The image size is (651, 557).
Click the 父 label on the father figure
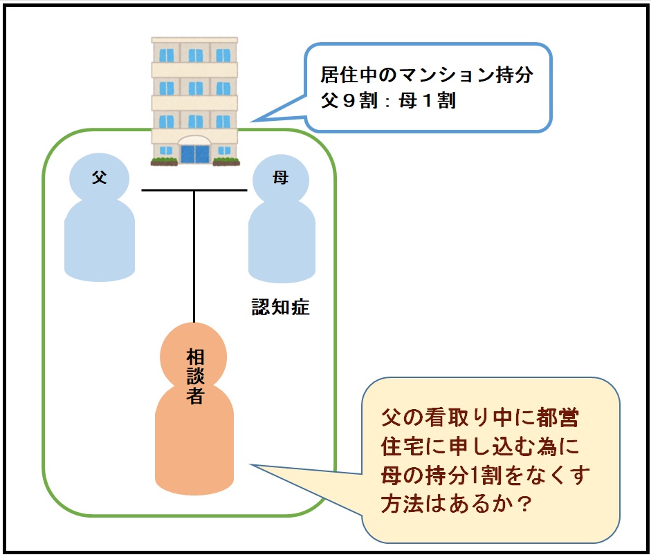coord(100,178)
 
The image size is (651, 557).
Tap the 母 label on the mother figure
coord(280,178)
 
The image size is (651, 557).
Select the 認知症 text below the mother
coord(280,308)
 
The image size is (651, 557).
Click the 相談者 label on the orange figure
coord(194,376)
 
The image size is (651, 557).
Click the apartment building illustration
coord(194,97)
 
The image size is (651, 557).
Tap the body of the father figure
coord(99,242)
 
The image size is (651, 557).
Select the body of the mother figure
coord(282,242)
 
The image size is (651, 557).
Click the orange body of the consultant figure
coord(194,449)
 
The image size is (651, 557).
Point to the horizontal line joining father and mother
coord(166,190)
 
